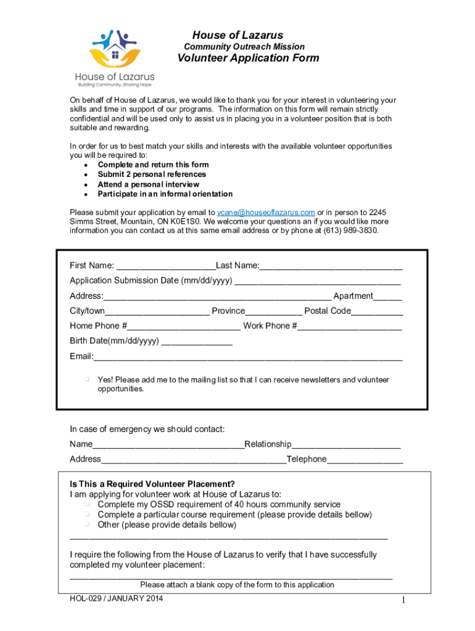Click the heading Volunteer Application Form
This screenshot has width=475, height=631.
(249, 59)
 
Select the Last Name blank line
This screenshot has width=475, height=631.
(331, 267)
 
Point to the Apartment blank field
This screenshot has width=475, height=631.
(387, 298)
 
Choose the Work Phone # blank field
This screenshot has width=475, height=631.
(350, 327)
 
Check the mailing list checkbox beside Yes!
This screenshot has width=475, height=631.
(88, 380)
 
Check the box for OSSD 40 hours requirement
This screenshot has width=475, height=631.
(88, 504)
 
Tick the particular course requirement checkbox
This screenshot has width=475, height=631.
(88, 514)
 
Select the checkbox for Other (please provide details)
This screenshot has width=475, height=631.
(88, 524)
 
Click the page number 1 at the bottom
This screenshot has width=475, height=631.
(402, 601)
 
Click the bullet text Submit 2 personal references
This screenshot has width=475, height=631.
(143, 174)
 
